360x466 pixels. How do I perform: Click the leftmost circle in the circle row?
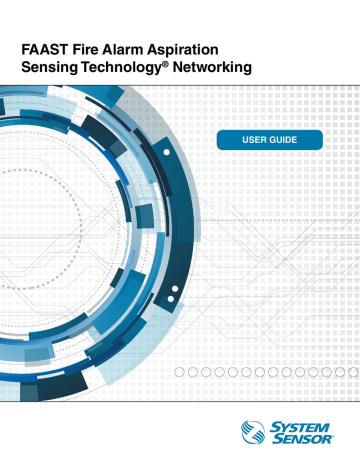[x=180, y=372]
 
